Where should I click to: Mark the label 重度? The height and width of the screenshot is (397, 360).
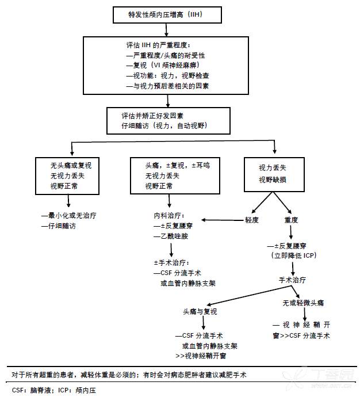coord(292,220)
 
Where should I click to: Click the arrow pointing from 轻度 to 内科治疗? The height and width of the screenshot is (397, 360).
coord(221,219)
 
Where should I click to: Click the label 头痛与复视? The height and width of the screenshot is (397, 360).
coord(200,311)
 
